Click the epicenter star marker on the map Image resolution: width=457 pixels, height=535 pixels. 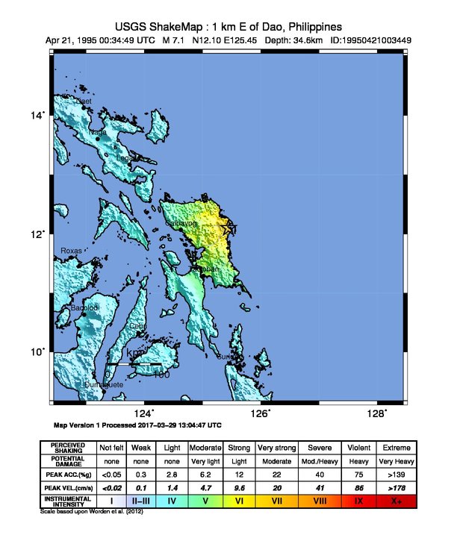coord(229,228)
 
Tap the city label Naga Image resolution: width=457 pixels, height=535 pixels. coord(98,133)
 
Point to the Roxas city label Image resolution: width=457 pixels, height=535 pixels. coord(71,251)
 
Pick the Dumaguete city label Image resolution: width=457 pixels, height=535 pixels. coord(104,384)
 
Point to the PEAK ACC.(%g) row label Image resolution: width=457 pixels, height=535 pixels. coord(68,474)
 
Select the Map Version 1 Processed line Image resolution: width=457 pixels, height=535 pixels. coord(138,425)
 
